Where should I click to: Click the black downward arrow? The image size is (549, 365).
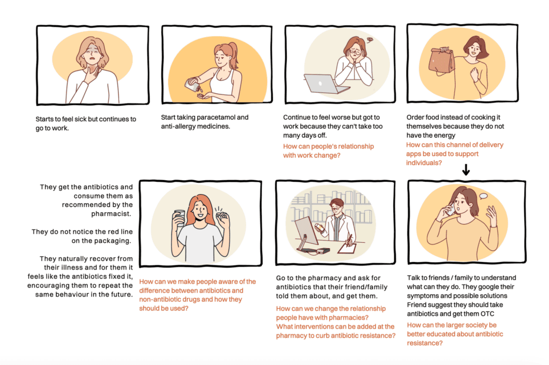(466, 170)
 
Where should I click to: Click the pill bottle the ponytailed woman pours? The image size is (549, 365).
(193, 85)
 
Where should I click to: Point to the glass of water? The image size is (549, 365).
(179, 218)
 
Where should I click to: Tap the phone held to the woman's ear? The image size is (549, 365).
(450, 208)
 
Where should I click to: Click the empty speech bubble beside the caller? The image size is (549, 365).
(483, 196)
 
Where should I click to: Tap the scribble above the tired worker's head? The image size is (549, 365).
(369, 40)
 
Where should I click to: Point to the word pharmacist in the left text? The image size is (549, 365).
(111, 213)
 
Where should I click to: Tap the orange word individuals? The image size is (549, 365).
(424, 163)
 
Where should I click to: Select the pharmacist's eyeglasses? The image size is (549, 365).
(336, 208)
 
